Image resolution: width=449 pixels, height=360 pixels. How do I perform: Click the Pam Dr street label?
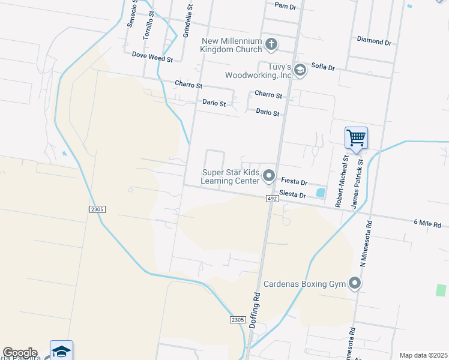285,6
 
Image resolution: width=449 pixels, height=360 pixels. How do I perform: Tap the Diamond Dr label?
374,41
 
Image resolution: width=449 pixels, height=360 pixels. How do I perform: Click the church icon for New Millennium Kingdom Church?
271,44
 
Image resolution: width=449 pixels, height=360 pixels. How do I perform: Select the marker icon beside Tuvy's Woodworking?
300,71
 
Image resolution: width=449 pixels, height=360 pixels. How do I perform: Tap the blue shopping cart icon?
356,139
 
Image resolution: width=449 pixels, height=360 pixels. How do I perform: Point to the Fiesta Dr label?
294,181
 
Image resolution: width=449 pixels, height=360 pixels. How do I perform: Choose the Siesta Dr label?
294,196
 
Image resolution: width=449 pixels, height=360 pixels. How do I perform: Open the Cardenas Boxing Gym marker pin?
355,283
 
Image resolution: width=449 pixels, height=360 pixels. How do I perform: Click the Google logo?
20,353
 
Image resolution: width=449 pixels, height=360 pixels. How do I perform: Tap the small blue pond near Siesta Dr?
320,193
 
